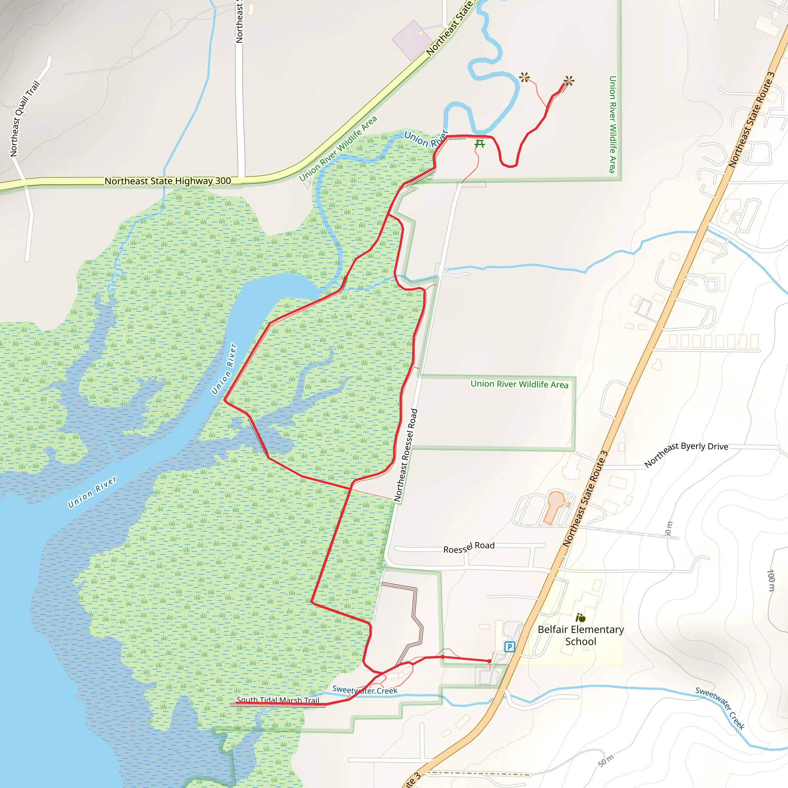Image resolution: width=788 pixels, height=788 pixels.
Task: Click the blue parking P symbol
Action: [509, 646]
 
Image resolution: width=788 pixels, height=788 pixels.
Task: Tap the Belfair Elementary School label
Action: [580, 636]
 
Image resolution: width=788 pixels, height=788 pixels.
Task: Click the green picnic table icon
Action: [480, 144]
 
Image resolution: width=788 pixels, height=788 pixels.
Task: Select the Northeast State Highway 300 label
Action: [168, 181]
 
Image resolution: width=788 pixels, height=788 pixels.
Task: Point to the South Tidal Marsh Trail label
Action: [278, 700]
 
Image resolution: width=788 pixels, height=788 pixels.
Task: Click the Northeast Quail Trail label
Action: [25, 119]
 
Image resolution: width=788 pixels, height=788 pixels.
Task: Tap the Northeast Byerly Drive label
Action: [686, 454]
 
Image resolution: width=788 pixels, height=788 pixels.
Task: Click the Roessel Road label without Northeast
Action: [469, 548]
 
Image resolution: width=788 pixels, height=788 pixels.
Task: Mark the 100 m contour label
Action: [770, 580]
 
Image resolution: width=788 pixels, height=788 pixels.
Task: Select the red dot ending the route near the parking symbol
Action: [489, 661]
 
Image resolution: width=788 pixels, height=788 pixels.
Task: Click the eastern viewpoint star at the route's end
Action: [569, 81]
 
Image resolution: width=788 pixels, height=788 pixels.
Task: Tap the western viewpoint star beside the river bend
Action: [524, 77]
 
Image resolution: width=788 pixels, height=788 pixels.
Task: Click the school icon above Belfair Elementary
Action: [580, 618]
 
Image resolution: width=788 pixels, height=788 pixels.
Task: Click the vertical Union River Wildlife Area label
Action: [612, 124]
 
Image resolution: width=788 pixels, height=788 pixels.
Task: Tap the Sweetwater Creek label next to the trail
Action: [365, 690]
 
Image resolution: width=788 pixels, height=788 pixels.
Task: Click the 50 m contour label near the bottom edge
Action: [606, 761]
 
